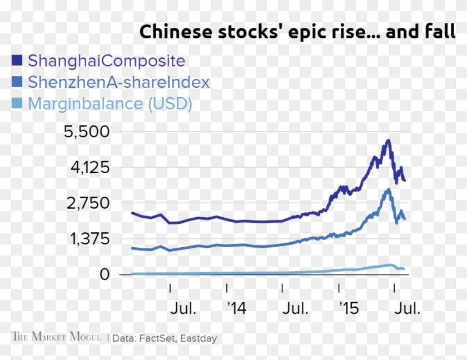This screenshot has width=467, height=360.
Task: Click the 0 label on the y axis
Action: (x=103, y=274)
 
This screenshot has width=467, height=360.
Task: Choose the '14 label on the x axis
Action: (x=237, y=308)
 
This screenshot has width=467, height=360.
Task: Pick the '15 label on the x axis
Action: (x=349, y=308)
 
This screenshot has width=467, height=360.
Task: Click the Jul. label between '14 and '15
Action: (x=294, y=308)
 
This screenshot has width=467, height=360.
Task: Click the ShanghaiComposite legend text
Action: (x=106, y=60)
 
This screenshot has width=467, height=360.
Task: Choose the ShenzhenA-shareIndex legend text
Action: (x=118, y=82)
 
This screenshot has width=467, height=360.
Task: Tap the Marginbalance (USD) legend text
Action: (x=110, y=104)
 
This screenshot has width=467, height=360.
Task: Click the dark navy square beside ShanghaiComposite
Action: (x=17, y=60)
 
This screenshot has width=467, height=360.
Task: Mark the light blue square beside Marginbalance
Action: (x=17, y=104)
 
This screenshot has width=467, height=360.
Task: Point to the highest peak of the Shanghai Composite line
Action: (x=388, y=141)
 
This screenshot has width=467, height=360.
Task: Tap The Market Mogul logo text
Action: (x=57, y=337)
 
